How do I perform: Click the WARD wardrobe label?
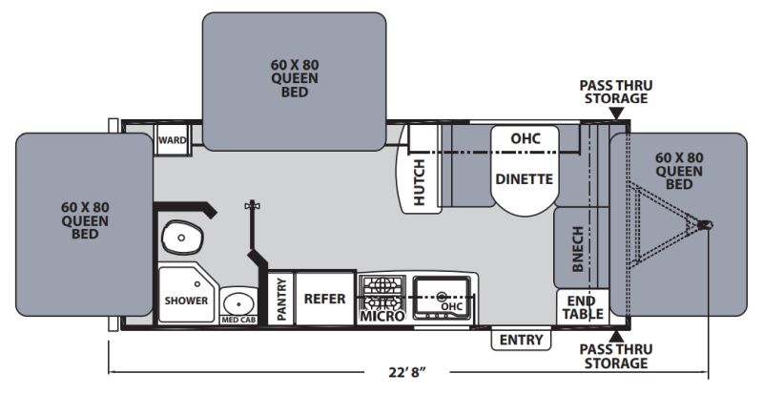173,140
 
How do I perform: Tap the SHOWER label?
186,301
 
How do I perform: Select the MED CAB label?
238,320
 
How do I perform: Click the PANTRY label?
281,299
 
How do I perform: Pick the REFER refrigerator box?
324,298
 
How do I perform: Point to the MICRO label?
382,317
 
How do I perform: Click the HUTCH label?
419,182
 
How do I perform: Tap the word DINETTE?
524,179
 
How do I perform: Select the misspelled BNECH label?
577,249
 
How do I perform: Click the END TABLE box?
583,307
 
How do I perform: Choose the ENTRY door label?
521,340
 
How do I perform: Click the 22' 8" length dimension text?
407,373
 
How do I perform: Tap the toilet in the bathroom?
181,238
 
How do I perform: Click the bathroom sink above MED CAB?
238,303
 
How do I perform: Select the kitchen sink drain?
442,296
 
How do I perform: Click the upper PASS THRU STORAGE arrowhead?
616,114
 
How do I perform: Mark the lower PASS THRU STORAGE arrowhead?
616,336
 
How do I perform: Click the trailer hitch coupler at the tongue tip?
705,225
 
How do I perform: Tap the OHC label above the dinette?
526,138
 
